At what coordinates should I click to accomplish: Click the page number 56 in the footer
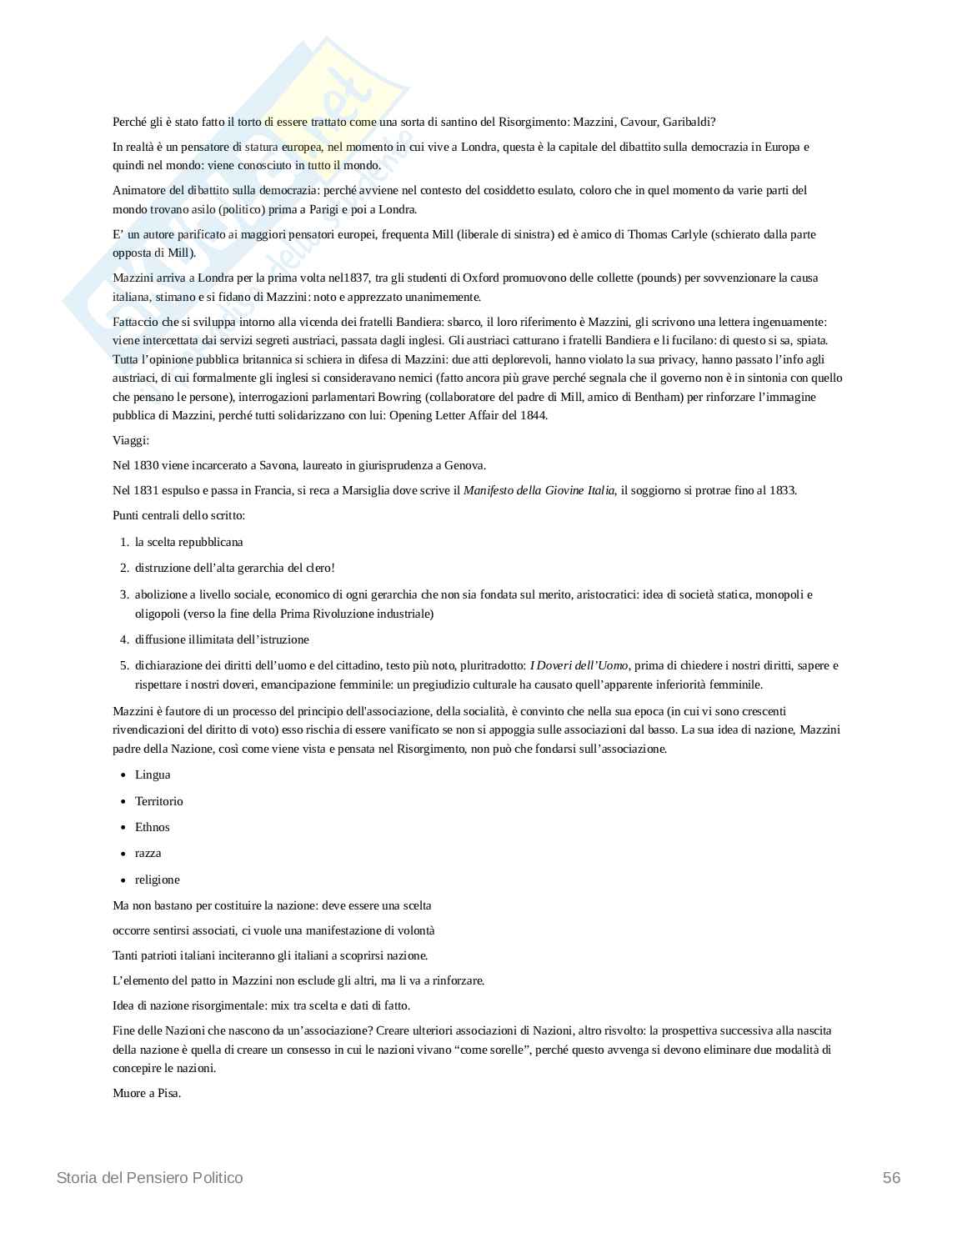(x=891, y=1177)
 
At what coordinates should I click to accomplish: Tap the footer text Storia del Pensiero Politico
(x=150, y=1177)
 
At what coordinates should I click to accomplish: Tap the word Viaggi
(x=130, y=440)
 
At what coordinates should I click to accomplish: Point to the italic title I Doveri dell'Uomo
(x=579, y=665)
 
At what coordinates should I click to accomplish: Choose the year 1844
(x=532, y=415)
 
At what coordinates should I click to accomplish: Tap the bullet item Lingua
(x=153, y=774)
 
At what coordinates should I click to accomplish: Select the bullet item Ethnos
(x=152, y=827)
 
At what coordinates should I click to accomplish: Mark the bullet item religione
(x=157, y=880)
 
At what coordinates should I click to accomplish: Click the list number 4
(x=123, y=639)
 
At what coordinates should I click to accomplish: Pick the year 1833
(x=782, y=490)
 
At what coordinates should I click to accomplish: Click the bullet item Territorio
(x=158, y=801)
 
